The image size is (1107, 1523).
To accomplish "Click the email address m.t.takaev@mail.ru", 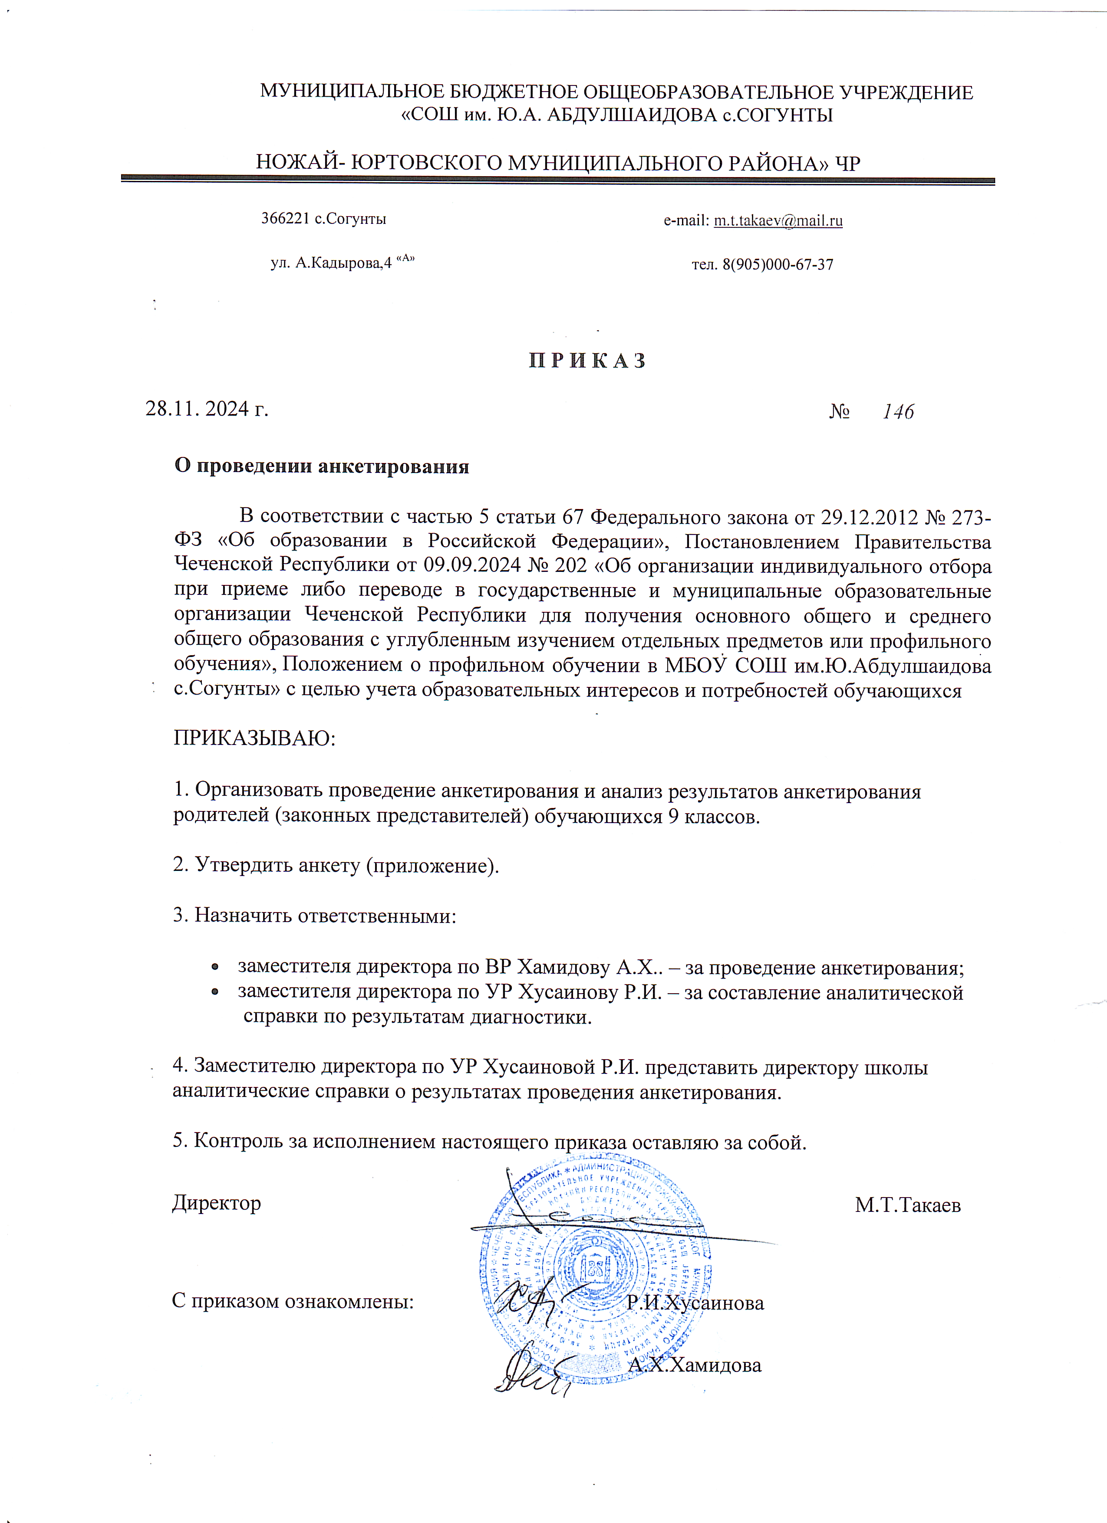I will (x=778, y=221).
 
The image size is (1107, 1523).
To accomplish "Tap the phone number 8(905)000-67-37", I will (x=777, y=265).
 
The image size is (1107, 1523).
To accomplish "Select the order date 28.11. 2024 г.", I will (x=207, y=408).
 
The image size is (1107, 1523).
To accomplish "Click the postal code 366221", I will (x=286, y=219).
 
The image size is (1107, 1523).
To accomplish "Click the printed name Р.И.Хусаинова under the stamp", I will (x=695, y=1303).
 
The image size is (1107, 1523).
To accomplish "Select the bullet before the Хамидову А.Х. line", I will (x=214, y=968).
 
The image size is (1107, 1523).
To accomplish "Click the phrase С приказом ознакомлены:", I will (x=293, y=1301).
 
